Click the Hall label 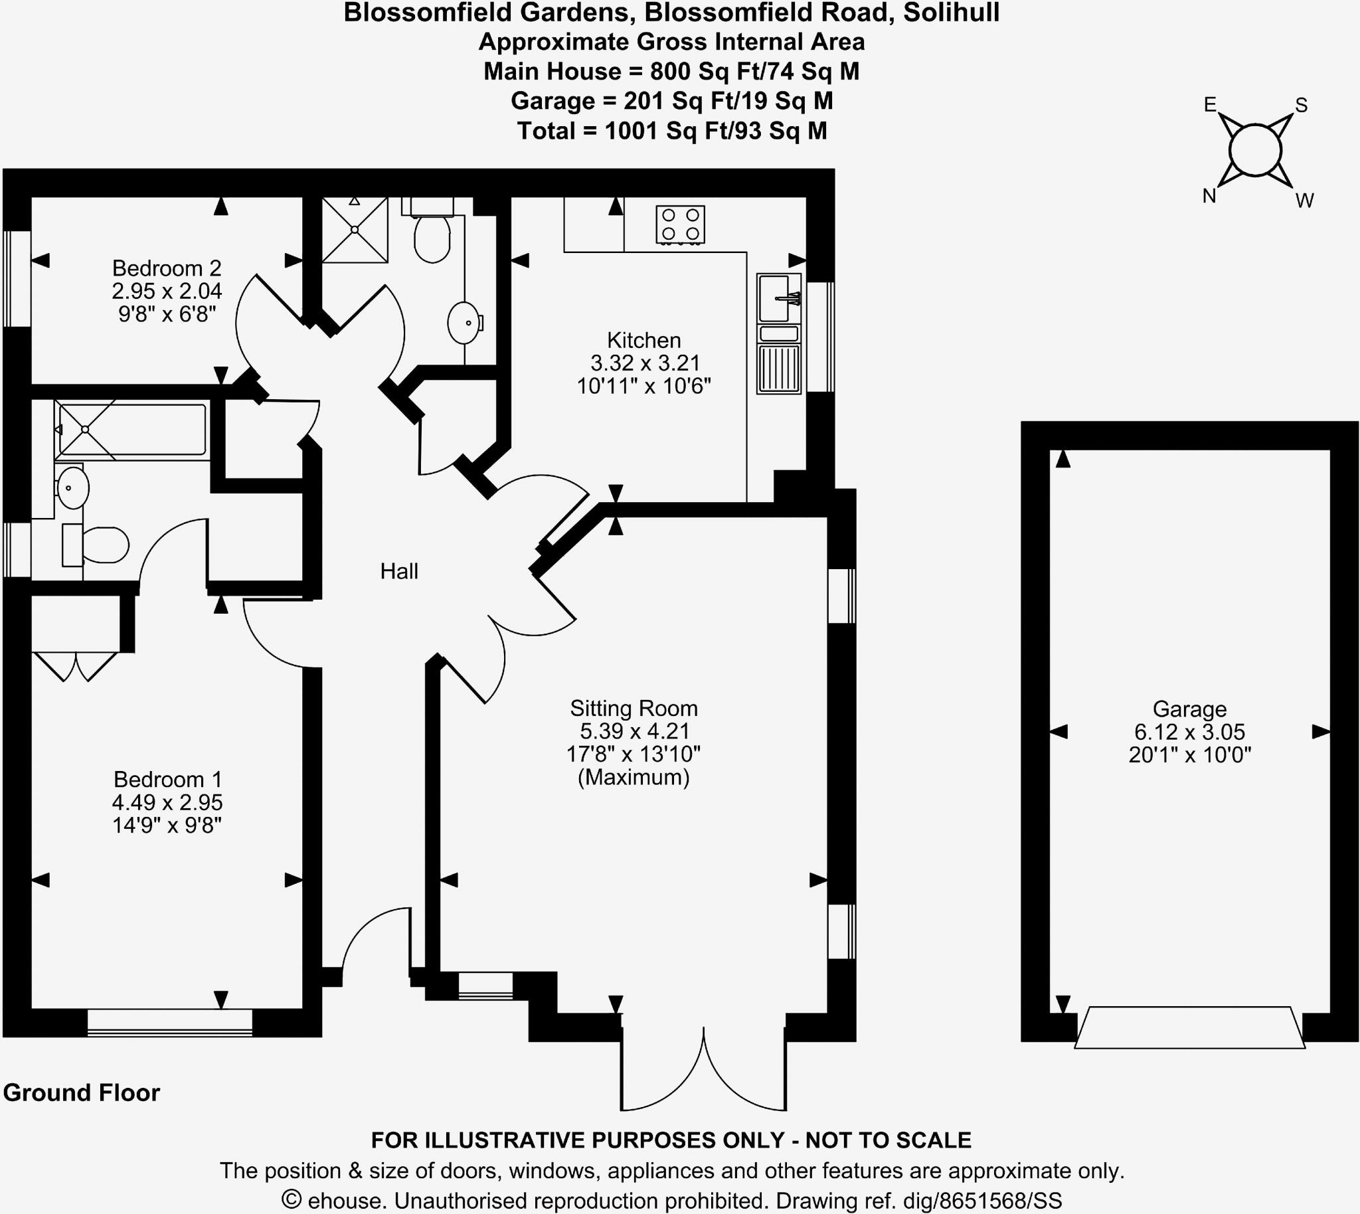click(399, 571)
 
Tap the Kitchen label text click(643, 340)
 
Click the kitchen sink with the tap click(778, 298)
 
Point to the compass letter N click(1209, 195)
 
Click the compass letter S click(1302, 106)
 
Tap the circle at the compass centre click(1255, 150)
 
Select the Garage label click(1189, 709)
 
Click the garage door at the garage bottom click(1189, 1028)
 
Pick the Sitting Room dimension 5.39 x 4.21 click(633, 731)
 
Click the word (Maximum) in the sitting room click(633, 777)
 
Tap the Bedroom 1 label click(167, 779)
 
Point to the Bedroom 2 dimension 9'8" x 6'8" click(167, 313)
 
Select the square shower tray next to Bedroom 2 click(355, 230)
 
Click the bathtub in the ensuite click(132, 430)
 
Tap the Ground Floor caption click(82, 1092)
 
